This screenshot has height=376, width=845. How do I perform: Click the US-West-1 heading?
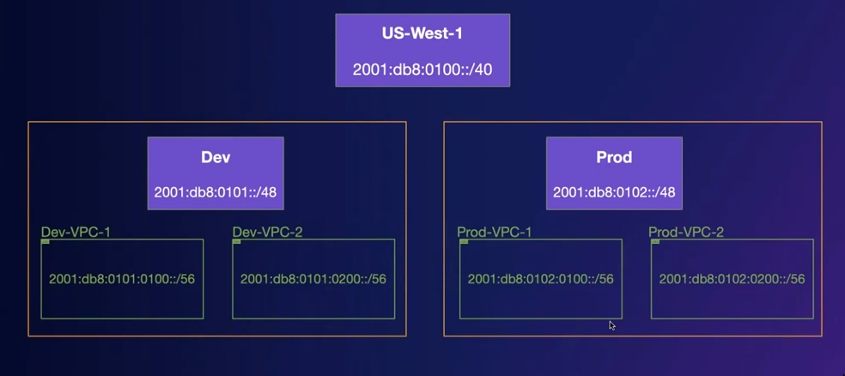coord(422,34)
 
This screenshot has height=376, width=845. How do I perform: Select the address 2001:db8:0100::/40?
coord(422,70)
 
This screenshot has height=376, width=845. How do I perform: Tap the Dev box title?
coord(216,157)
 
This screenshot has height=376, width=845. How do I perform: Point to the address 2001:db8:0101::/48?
coord(216,192)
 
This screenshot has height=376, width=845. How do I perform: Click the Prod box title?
coord(614,157)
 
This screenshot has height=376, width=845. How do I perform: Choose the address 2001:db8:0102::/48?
coord(614,192)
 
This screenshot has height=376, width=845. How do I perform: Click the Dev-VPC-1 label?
coord(76,232)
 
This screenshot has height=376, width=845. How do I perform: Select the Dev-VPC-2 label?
coord(267,232)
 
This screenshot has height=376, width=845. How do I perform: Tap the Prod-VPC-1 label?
coord(494,232)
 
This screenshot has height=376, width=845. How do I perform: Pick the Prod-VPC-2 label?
coord(686,232)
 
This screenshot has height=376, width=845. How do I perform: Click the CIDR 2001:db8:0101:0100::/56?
coord(122,279)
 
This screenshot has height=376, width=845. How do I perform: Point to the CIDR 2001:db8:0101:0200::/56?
coord(313,279)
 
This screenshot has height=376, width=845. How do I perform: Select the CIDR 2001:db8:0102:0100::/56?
coord(540,279)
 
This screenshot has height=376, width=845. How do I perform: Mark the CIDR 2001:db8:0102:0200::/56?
coord(732,279)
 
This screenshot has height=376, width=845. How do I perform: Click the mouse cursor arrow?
coord(611,325)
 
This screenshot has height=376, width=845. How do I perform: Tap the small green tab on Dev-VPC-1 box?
coord(46,241)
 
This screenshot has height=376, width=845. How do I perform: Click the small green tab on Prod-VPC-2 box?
coord(655,241)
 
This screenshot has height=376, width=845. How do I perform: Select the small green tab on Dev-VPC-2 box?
coord(236,241)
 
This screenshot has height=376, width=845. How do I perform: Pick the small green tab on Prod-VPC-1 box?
coord(464,241)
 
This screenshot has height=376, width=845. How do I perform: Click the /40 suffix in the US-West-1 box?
coord(481,70)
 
